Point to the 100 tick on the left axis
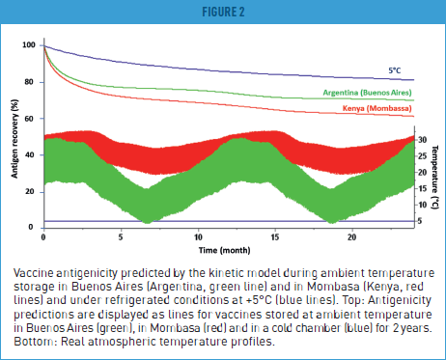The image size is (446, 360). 29,45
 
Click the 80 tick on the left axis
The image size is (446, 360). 31,82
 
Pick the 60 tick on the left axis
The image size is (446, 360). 31,118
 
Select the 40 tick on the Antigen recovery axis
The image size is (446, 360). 31,154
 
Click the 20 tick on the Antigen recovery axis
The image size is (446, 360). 31,191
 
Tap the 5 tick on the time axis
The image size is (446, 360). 121,235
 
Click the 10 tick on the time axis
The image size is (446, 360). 198,235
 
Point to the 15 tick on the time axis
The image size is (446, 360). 275,235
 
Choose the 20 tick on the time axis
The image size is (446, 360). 352,235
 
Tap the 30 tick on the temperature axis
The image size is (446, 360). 423,140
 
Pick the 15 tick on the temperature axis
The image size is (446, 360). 423,188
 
